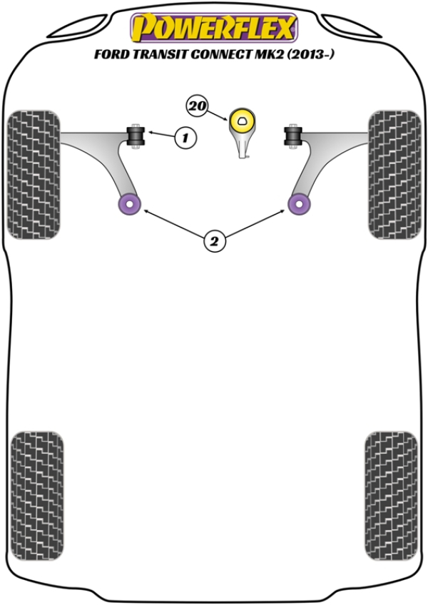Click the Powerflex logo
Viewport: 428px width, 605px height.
coord(214,27)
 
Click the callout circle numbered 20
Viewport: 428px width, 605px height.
coord(197,106)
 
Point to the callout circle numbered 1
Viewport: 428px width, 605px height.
coord(185,138)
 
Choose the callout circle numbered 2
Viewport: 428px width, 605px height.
coord(214,241)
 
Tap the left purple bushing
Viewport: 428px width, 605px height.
coord(129,204)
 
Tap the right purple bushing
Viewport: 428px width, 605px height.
coord(299,204)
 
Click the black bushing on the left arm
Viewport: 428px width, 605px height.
coord(136,136)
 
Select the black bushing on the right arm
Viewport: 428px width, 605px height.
coord(293,136)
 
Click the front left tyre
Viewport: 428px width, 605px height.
coord(34,175)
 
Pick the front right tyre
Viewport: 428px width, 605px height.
coord(394,175)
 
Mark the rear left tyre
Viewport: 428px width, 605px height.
coord(37,496)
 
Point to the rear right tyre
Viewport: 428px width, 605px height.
coord(391,496)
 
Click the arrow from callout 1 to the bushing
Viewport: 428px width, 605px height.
coord(161,134)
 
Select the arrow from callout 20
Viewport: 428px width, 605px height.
coord(218,116)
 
